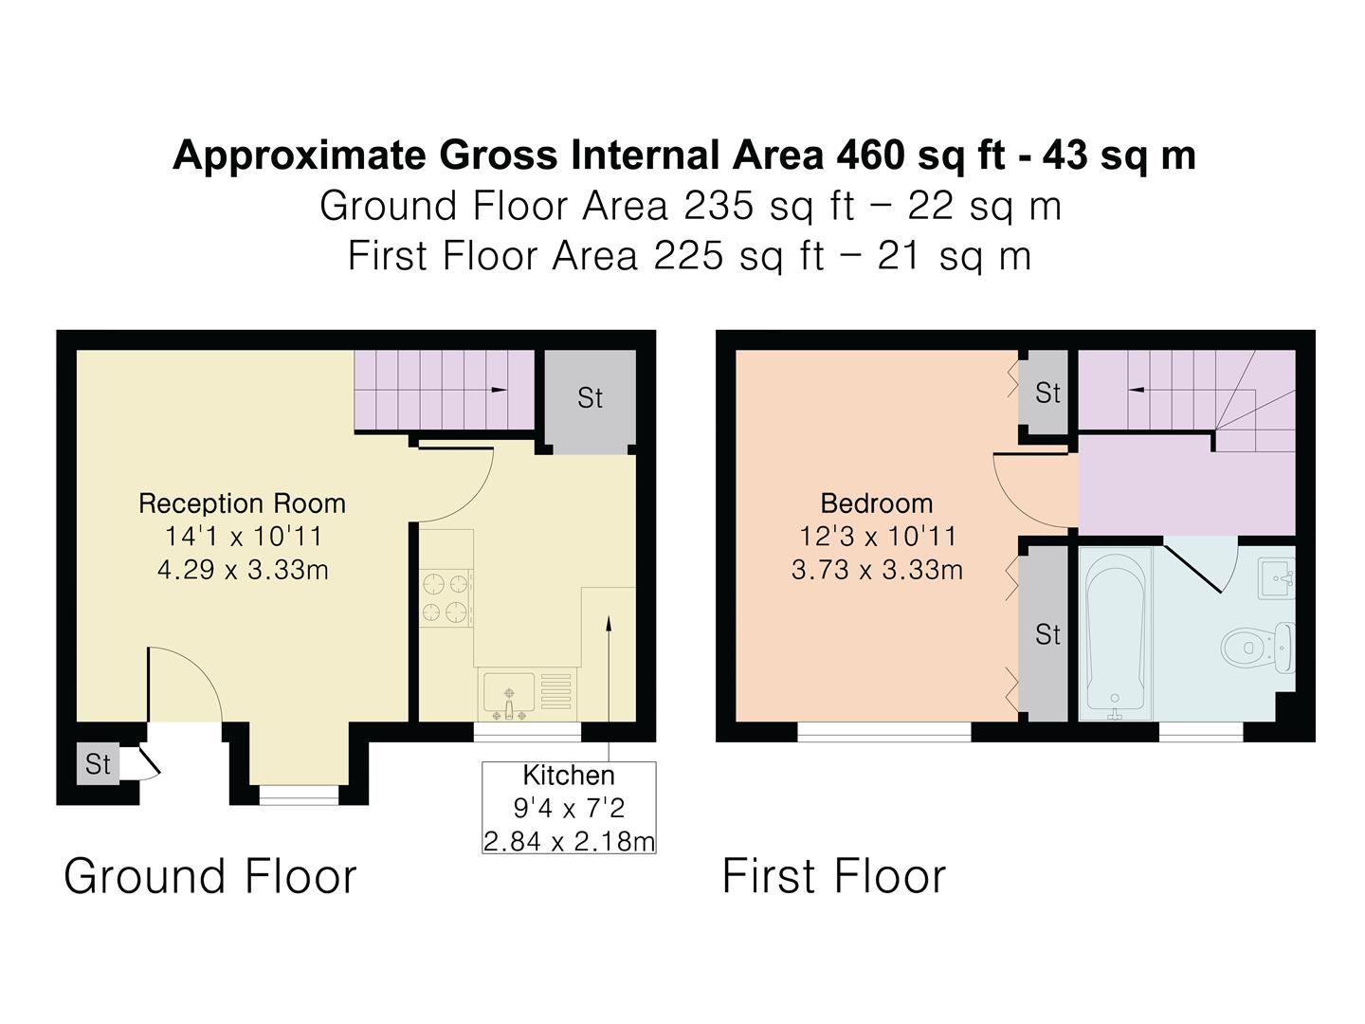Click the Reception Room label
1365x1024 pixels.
(x=242, y=503)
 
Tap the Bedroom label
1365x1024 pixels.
(x=877, y=503)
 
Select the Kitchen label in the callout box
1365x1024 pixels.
(x=569, y=776)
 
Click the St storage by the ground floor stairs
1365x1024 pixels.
(x=590, y=398)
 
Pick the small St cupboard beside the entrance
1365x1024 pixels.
(x=98, y=764)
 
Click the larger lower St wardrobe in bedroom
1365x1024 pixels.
(x=1046, y=634)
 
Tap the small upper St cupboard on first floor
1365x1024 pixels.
(x=1046, y=393)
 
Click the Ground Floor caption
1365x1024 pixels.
(x=210, y=876)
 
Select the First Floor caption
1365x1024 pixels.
(x=834, y=876)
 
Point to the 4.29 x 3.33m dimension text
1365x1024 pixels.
(x=242, y=570)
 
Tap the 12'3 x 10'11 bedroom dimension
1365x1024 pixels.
(x=877, y=537)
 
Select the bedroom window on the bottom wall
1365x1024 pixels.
(x=883, y=732)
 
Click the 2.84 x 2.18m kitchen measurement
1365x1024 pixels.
(x=569, y=841)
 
